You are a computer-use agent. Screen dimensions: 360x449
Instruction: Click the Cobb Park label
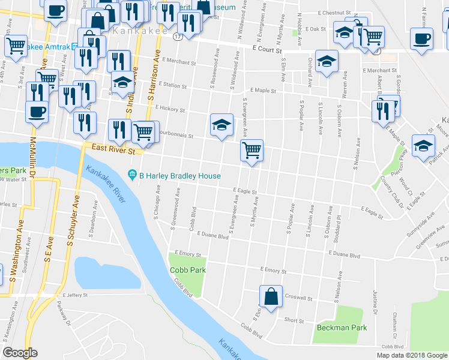point(188,270)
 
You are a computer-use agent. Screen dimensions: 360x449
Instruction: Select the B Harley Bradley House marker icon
point(132,176)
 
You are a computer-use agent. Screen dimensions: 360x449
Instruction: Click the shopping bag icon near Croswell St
point(271,296)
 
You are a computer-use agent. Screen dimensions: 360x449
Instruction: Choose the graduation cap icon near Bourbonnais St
point(221,125)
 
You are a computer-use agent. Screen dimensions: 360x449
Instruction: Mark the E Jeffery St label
point(75,295)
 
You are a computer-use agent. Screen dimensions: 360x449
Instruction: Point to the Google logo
point(20,353)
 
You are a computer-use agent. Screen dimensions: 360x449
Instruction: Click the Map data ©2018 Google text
point(411,355)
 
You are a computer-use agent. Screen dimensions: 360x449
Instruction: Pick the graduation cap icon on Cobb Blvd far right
point(423,145)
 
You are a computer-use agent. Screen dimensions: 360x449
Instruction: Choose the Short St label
point(294,320)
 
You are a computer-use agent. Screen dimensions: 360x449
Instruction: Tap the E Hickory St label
point(169,109)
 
